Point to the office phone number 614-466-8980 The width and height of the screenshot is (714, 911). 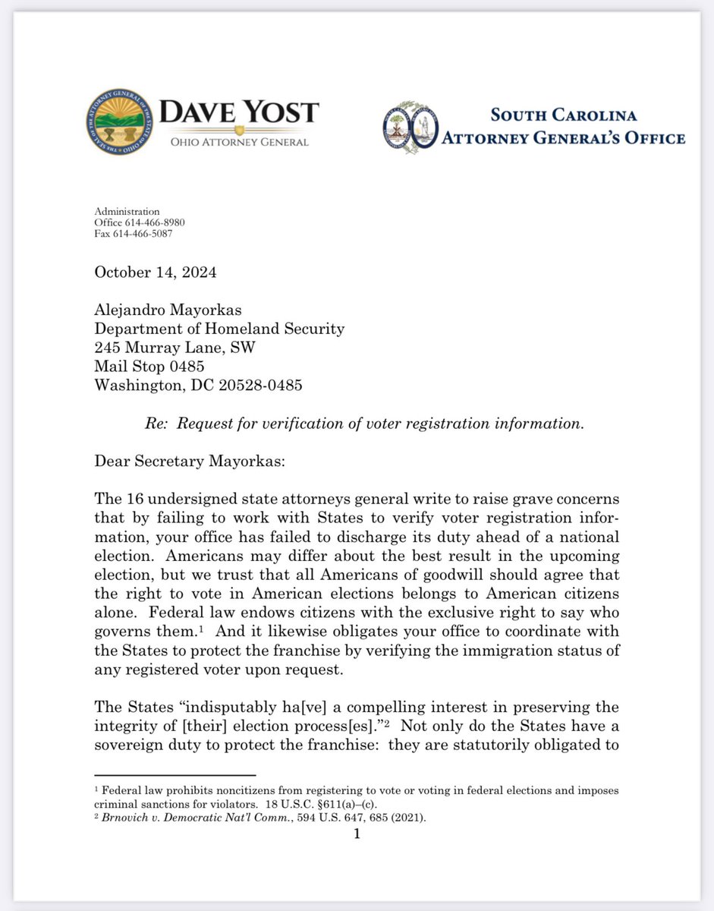[156, 222]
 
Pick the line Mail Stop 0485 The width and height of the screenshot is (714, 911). [150, 366]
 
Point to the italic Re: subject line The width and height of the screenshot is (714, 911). [364, 424]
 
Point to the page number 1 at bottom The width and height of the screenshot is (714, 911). [357, 834]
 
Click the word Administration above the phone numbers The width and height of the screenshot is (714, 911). [127, 211]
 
